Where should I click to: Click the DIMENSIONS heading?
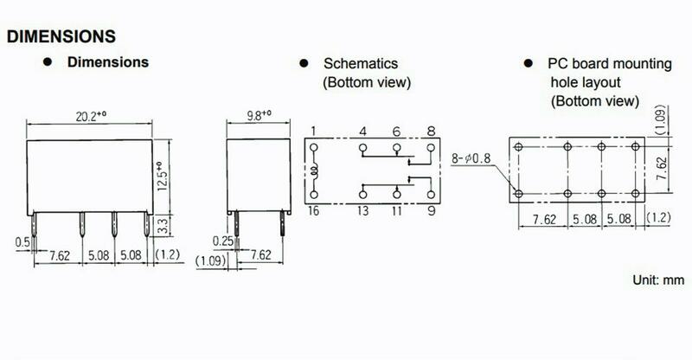pyautogui.click(x=61, y=37)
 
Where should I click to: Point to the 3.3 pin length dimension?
pyautogui.click(x=163, y=227)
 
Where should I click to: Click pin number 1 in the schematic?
pyautogui.click(x=312, y=132)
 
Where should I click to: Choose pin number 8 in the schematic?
pyautogui.click(x=429, y=132)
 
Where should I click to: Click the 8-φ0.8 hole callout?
pyautogui.click(x=471, y=157)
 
